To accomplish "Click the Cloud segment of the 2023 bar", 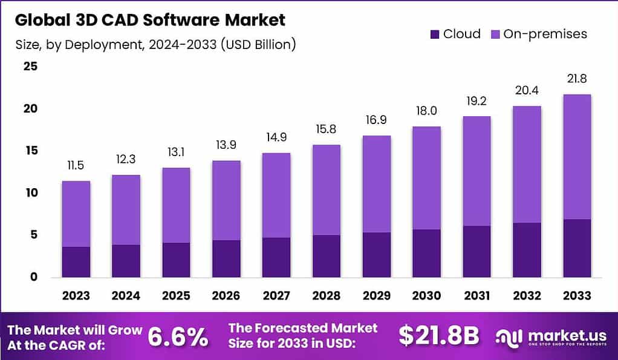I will point(76,262).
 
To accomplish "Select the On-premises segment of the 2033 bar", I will point(576,157).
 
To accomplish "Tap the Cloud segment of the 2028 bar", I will point(326,256).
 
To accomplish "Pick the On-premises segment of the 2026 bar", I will point(226,200).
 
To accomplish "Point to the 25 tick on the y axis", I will point(30,67).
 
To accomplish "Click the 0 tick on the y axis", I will point(33,277).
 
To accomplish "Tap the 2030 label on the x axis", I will point(426,296).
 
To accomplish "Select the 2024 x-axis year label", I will point(126,296).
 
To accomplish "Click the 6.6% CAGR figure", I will point(178,336).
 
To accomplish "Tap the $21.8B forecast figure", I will point(439,336).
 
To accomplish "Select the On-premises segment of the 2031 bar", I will point(477,171).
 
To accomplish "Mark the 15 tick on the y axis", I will point(30,151).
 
